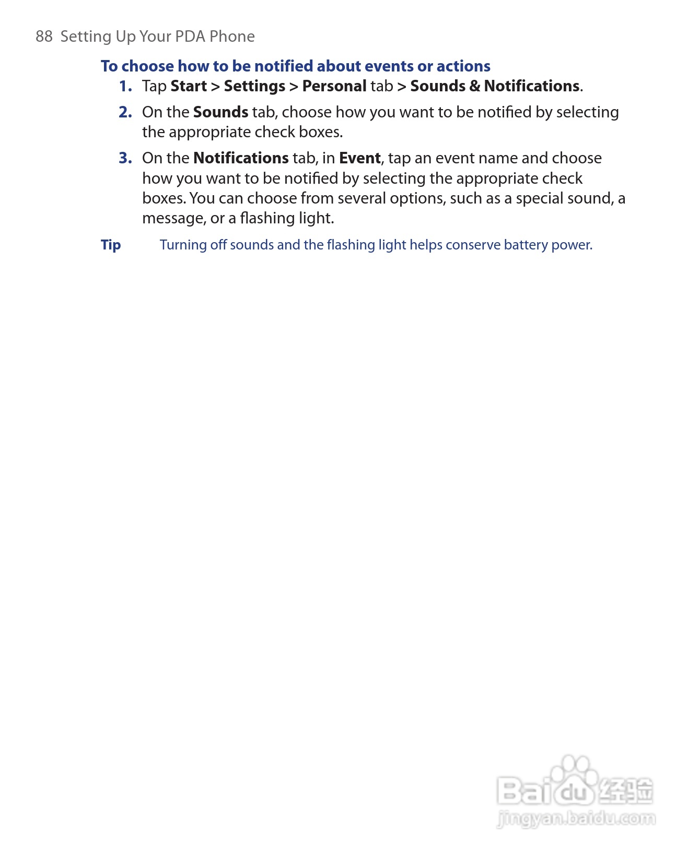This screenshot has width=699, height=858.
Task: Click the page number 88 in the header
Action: (44, 37)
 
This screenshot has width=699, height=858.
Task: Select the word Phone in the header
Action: (232, 37)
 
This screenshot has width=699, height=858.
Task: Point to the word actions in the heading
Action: (463, 66)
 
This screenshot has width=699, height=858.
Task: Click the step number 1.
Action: (125, 86)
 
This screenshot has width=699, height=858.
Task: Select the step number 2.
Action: (125, 112)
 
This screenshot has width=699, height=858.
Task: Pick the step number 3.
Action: (125, 158)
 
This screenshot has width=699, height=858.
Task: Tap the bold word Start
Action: (189, 86)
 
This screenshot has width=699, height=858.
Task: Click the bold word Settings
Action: (254, 86)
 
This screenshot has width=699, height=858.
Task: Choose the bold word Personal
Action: (334, 86)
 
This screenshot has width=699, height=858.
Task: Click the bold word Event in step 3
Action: (359, 158)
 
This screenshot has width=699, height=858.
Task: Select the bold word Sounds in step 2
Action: (220, 112)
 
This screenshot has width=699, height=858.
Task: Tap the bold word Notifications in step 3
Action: (241, 158)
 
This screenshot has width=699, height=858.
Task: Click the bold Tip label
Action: (111, 245)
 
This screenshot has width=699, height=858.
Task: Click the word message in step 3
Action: (173, 218)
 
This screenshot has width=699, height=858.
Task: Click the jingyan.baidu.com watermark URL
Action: (576, 818)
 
